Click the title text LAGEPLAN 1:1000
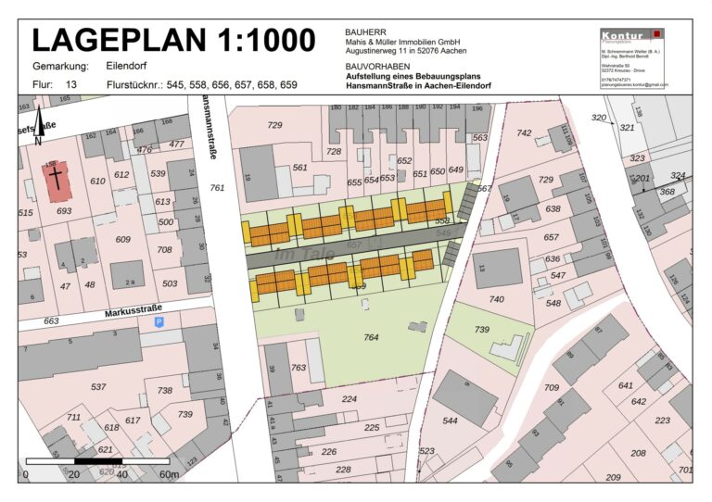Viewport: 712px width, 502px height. pos(173,40)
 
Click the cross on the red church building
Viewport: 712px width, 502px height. pos(57,178)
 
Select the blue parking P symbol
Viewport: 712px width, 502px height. pos(159,321)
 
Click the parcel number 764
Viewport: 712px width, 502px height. pos(371,337)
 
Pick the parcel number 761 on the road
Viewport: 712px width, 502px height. pos(217,188)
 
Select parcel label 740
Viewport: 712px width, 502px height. pos(497,299)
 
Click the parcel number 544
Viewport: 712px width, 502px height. pos(450,420)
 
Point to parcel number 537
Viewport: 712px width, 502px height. pos(99,386)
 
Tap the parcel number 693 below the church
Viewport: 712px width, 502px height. pos(64,211)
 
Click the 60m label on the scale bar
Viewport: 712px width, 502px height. pos(168,474)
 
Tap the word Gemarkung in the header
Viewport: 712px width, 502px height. pos(60,67)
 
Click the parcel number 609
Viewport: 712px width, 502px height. pos(122,239)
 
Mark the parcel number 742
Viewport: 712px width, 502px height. pos(524,133)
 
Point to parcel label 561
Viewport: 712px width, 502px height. pos(299,168)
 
